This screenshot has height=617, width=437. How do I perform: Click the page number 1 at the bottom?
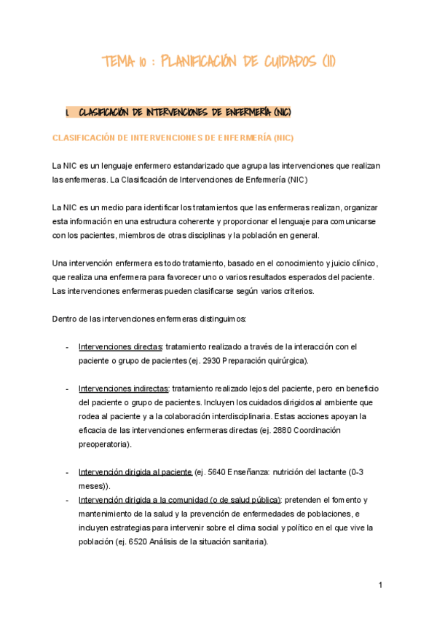(x=380, y=586)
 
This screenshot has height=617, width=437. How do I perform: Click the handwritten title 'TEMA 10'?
(x=126, y=63)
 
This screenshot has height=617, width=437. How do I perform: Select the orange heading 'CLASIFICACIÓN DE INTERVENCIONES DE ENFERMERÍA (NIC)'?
(x=173, y=138)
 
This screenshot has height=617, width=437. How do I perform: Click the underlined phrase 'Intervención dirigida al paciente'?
(x=135, y=472)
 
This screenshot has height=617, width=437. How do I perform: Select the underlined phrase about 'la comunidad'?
(x=180, y=500)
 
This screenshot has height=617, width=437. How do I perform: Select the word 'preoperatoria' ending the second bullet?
(x=107, y=445)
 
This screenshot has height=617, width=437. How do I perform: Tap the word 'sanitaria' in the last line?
(x=248, y=541)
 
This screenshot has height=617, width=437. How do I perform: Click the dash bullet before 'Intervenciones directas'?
(x=67, y=347)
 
